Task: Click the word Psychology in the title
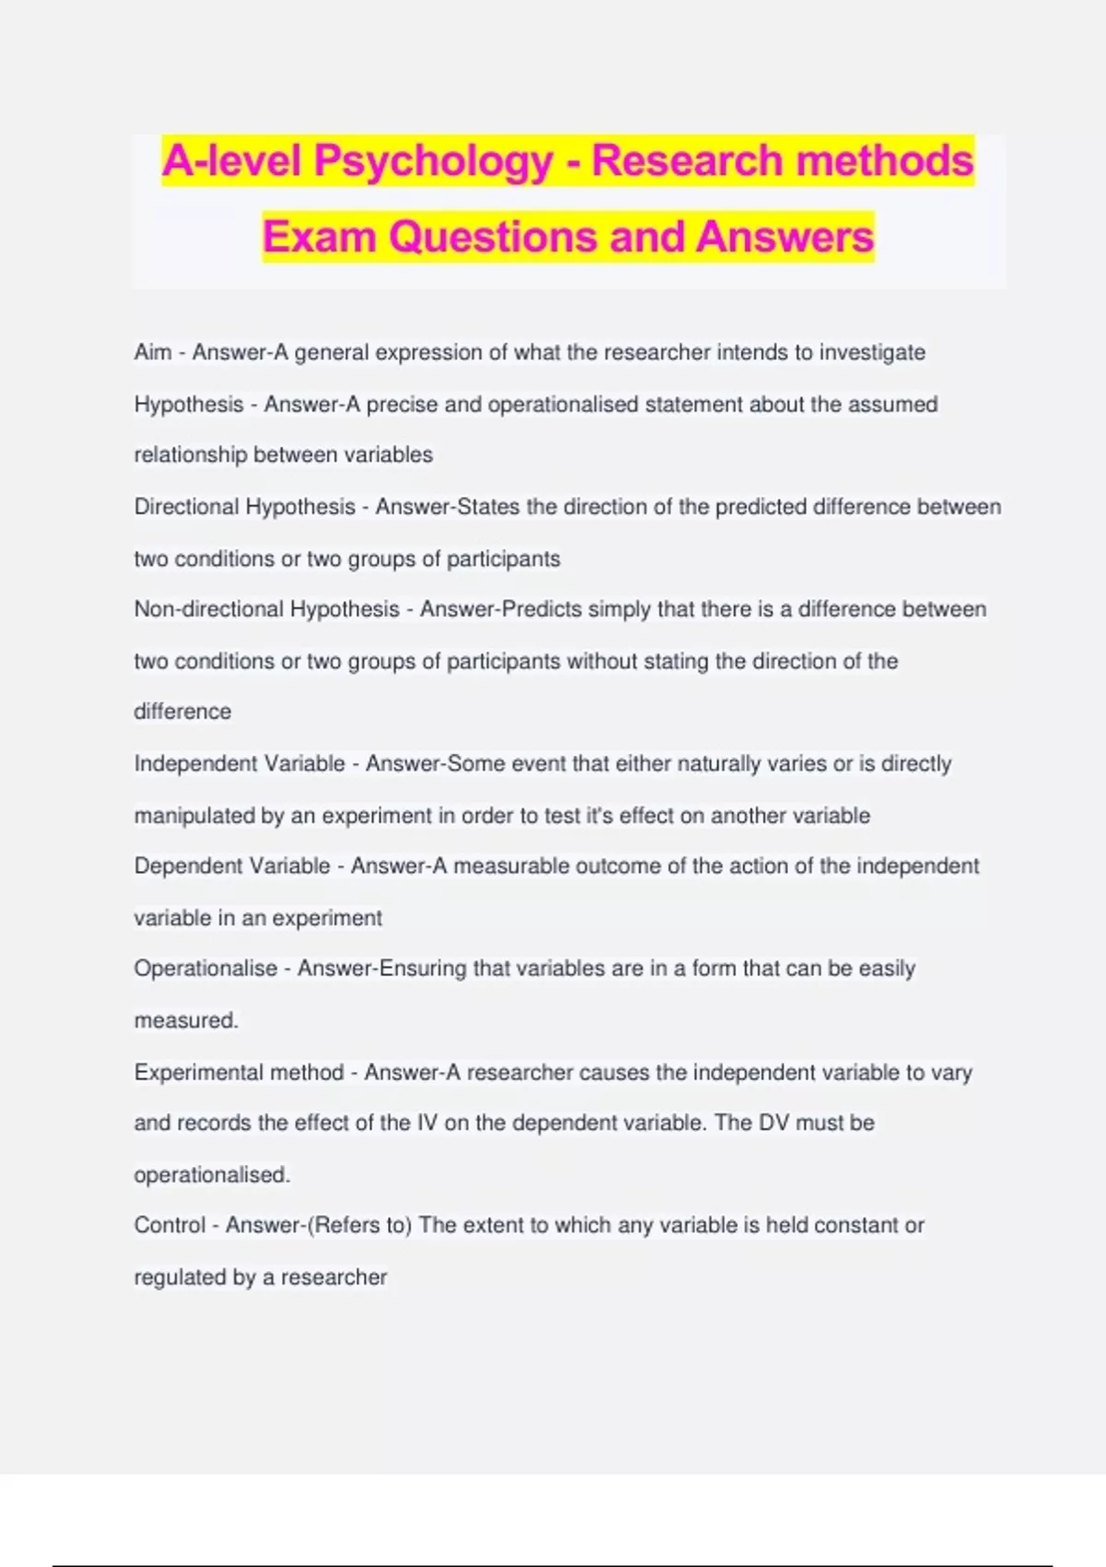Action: coord(432,161)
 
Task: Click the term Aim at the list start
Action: coord(153,352)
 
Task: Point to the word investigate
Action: coord(872,352)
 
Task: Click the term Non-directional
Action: coord(208,609)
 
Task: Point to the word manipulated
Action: coord(194,816)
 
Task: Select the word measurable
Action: coord(511,866)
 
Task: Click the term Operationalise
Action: coord(205,969)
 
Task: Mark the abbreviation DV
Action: coord(773,1123)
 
